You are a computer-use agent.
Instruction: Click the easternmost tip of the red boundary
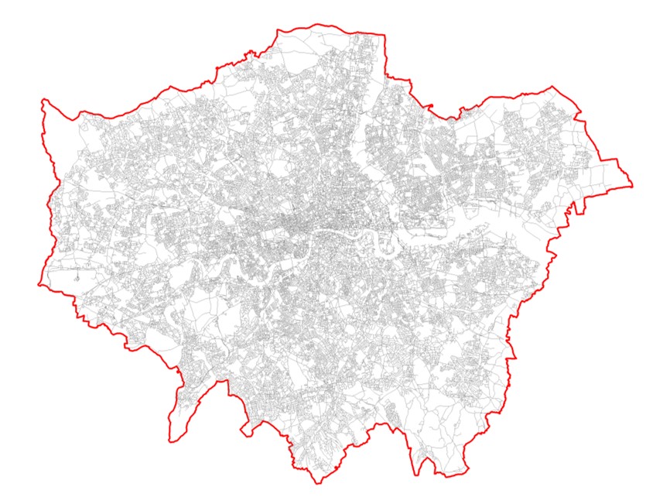tap(632, 186)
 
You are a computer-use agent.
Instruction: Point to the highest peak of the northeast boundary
tap(552, 86)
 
